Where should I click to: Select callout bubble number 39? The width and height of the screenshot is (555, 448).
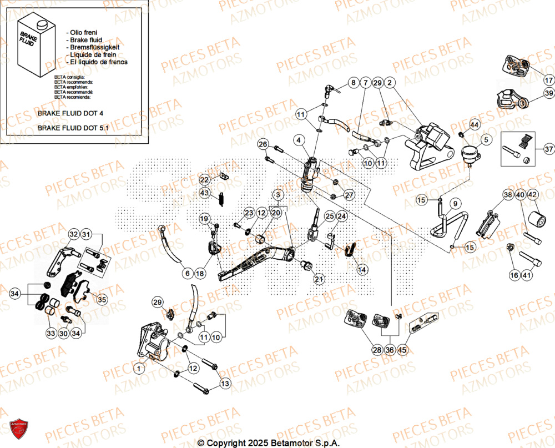(549, 93)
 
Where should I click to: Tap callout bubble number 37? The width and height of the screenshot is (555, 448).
(549, 149)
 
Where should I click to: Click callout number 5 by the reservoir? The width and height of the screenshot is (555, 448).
(486, 139)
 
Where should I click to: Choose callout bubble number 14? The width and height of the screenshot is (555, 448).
(362, 270)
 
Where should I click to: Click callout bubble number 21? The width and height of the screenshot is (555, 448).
(319, 279)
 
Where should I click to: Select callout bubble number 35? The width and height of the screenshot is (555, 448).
(102, 300)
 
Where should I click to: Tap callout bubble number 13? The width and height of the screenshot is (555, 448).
(224, 384)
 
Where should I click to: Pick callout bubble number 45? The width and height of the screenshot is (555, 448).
(402, 350)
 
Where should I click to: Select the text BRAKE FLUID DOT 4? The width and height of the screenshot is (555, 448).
(70, 113)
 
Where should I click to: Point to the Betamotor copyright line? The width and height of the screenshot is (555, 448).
(269, 443)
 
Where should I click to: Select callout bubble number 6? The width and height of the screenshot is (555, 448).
(188, 274)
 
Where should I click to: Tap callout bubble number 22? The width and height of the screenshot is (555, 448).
(204, 180)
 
